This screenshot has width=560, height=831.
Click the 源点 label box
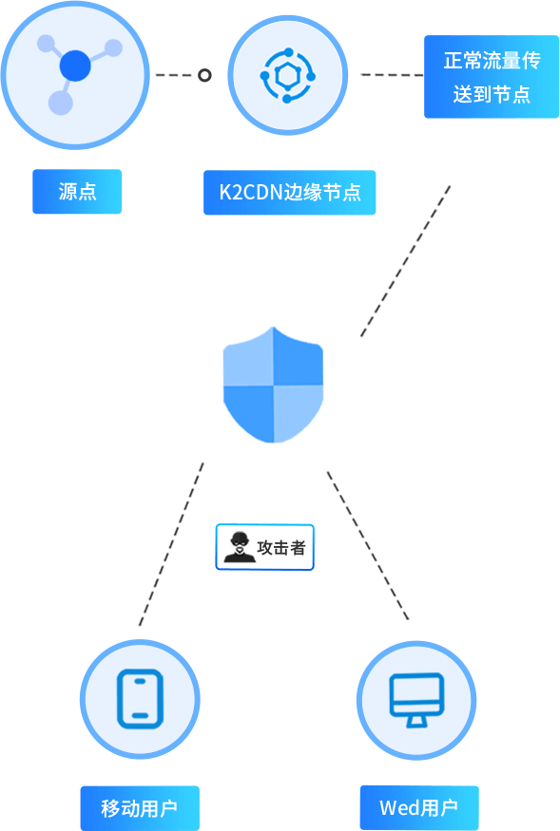point(77,191)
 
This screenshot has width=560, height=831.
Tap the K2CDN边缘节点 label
point(289,193)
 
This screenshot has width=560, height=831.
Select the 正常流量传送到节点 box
point(492,77)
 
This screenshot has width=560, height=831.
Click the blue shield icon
point(274,385)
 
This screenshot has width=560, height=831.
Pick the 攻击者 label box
point(265,547)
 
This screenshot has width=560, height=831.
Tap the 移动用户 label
point(140,808)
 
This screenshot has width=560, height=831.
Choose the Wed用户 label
point(419,807)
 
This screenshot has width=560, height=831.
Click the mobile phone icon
point(140,698)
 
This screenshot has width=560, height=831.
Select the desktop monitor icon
point(416,700)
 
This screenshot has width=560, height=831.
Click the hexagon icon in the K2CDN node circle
point(288,76)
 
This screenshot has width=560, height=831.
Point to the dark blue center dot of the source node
point(75,66)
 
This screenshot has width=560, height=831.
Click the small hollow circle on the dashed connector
point(204,75)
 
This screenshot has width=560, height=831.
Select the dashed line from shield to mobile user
point(171,544)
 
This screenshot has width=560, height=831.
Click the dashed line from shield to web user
point(368,545)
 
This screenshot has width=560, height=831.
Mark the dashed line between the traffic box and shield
point(406,261)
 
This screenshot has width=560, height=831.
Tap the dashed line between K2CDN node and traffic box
point(392,75)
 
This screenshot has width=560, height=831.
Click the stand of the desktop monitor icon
point(416,722)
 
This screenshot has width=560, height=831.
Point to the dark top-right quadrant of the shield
point(299,356)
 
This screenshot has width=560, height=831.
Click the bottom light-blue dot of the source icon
point(61,103)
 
